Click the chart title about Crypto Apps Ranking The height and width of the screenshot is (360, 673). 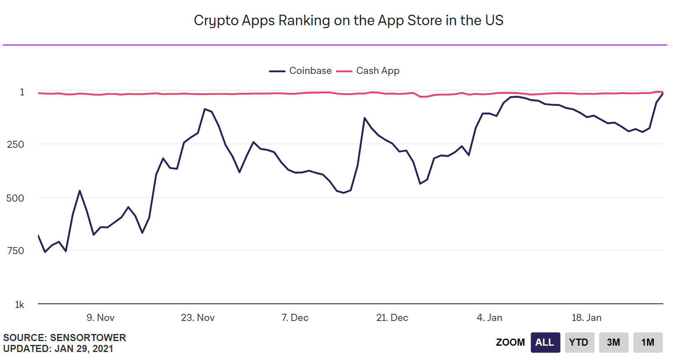pos(348,21)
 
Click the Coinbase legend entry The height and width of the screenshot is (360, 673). pos(300,71)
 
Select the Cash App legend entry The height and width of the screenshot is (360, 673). pos(368,71)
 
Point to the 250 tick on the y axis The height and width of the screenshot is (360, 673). pos(15,145)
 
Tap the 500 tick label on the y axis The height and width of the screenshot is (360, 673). pos(15,198)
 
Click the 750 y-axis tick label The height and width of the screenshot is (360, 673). pos(15,251)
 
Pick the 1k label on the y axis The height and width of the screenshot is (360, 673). pos(20,305)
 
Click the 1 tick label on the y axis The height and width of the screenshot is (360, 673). pos(22,92)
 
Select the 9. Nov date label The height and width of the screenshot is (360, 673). pos(100,318)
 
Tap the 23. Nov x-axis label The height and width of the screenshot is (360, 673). pos(198,318)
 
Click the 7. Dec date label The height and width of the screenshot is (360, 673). pos(295,318)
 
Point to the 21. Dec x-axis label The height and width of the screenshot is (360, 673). pos(392,318)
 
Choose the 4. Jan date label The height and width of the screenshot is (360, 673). pos(490,318)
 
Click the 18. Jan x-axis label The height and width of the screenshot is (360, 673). pos(587,318)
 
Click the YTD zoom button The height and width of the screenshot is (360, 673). pos(579,343)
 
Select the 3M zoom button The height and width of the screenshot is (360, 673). pos(614,343)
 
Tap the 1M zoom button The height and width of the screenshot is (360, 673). pos(648,343)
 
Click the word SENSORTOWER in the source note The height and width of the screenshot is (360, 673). pos(88,338)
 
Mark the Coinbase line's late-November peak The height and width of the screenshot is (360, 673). pos(205,109)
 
